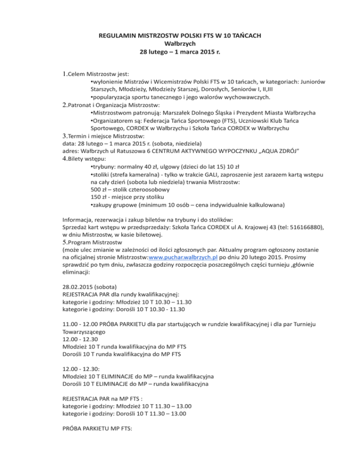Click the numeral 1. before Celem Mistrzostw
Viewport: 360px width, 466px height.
tap(65, 74)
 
